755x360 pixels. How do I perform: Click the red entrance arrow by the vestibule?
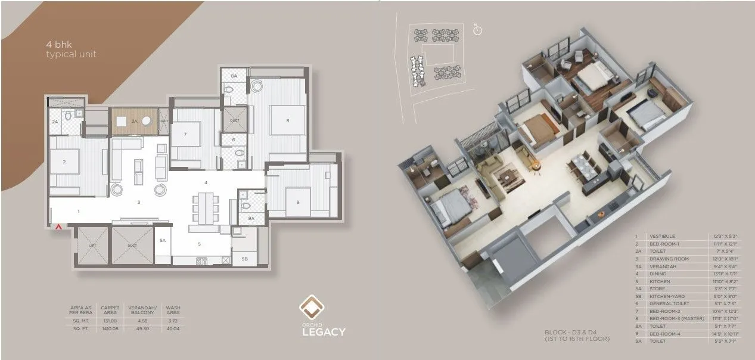[x=58, y=227]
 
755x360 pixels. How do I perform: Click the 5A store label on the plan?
[x=162, y=240]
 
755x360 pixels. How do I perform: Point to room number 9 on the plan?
[x=297, y=203]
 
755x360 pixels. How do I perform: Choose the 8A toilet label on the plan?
[x=234, y=76]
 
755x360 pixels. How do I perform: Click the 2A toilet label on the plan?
[x=55, y=122]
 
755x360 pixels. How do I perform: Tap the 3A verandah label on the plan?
[x=135, y=121]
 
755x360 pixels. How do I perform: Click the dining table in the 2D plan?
[x=205, y=206]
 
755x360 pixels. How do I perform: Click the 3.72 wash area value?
[x=173, y=319]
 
